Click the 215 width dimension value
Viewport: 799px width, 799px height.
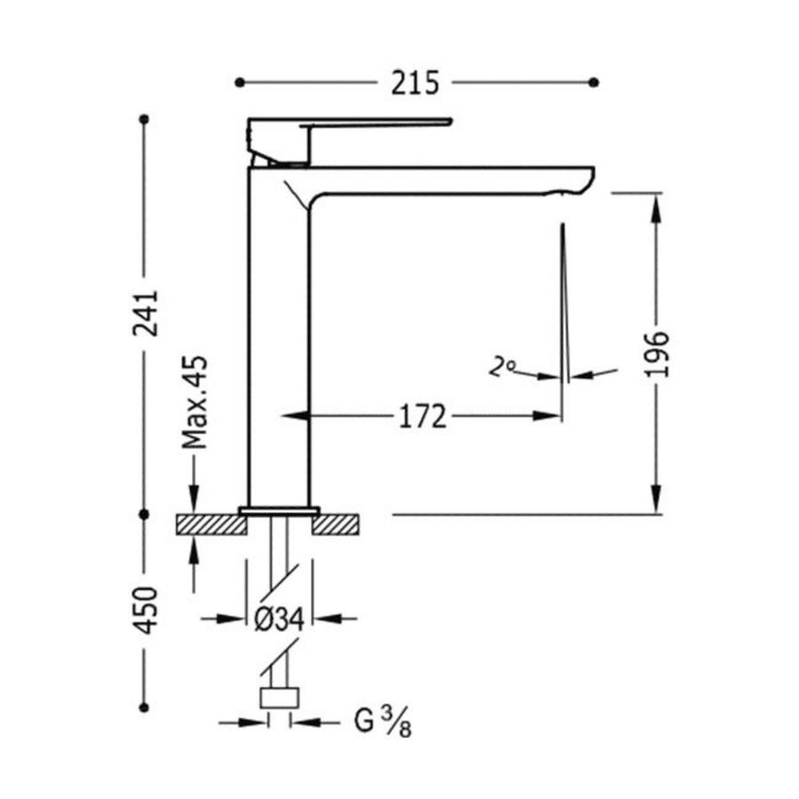(415, 83)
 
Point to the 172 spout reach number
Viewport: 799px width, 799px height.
(420, 415)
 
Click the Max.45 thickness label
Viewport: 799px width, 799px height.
(194, 401)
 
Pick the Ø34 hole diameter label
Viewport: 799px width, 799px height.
(278, 620)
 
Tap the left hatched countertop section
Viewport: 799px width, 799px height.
(210, 525)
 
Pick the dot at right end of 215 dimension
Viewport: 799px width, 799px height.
(594, 83)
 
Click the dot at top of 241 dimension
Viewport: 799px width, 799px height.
(145, 118)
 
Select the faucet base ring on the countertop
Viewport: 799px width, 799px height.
(278, 511)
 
